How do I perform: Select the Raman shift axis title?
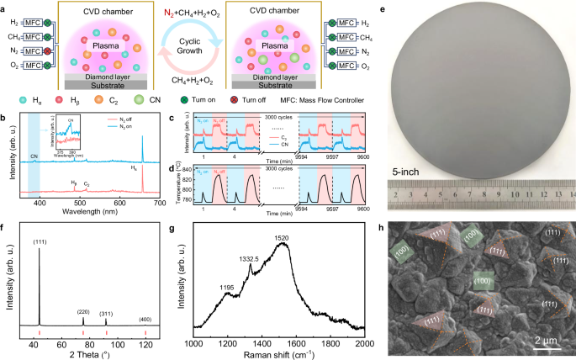point(279,354)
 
